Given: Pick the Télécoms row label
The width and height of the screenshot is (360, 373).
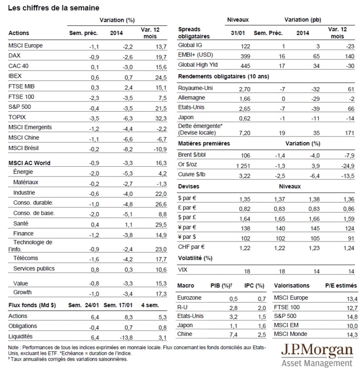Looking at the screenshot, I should pos(26,258).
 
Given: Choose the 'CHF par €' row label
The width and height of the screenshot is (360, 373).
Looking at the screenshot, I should pos(191,247).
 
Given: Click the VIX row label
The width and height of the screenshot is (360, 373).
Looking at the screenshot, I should pos(183,270).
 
